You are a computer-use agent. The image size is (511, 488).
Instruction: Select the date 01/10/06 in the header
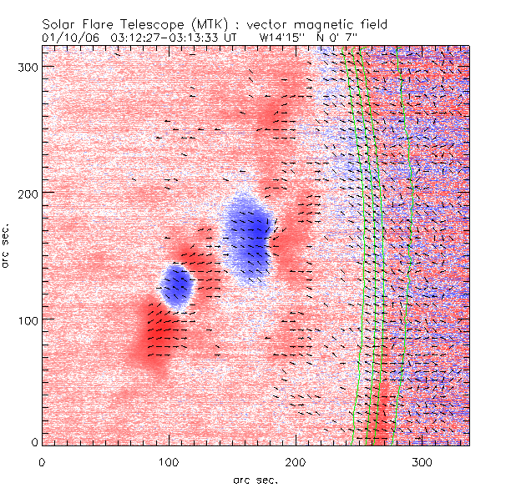69,38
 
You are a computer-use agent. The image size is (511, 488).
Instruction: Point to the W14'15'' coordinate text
281,38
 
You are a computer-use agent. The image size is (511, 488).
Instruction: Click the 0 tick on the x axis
42,460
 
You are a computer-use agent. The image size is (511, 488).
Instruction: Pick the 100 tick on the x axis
169,460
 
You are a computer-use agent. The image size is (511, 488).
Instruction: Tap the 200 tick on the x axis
296,460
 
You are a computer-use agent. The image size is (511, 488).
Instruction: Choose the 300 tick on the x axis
422,460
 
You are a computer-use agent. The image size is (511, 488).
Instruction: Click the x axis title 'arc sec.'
255,479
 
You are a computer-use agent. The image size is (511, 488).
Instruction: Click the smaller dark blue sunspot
176,285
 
